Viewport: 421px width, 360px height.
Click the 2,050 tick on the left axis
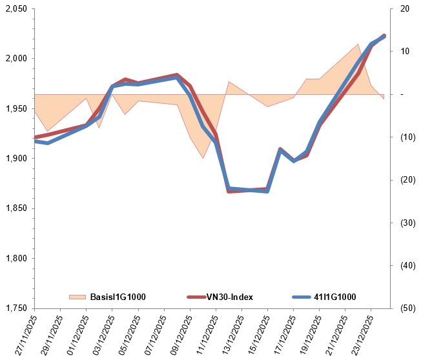16,9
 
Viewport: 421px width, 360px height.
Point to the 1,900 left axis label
16,159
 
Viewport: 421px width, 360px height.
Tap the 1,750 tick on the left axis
16,308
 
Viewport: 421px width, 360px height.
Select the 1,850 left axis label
16,208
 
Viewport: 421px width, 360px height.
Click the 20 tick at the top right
404,9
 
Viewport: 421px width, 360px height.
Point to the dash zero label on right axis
402,94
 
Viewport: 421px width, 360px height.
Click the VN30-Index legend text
229,297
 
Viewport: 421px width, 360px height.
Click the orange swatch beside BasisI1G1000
77,297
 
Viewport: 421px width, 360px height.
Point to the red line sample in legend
196,297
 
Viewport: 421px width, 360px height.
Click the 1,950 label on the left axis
16,109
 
